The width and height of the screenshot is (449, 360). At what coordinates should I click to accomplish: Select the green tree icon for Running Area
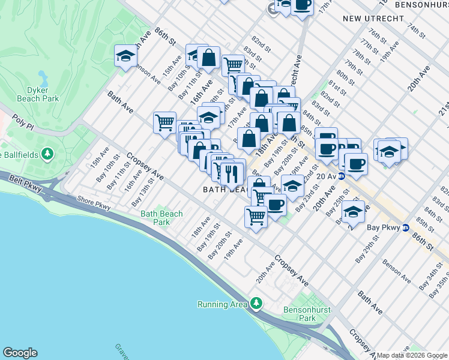(257, 303)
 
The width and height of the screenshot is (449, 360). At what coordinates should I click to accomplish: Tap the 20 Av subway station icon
(342, 176)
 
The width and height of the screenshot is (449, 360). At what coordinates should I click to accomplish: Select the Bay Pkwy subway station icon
(406, 228)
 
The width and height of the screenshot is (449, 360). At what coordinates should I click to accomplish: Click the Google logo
(20, 353)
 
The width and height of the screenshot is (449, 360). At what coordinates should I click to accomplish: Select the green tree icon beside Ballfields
(46, 155)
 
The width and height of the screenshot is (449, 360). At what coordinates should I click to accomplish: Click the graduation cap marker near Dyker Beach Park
(125, 56)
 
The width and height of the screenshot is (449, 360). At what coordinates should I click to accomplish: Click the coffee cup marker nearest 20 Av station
(356, 163)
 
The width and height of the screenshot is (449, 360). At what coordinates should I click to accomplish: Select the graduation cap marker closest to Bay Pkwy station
(353, 212)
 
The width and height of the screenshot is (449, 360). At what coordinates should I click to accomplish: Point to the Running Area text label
(222, 304)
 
